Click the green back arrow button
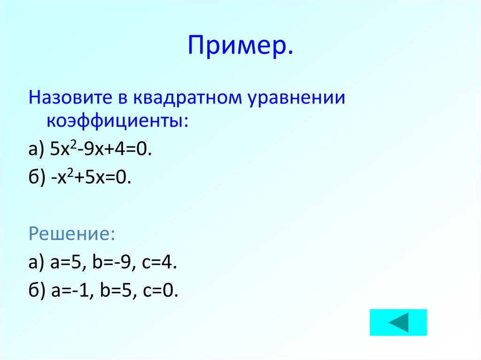point(398,322)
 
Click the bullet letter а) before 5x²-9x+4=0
point(36,150)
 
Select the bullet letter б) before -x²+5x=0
point(37,178)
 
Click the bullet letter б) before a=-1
point(37,291)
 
